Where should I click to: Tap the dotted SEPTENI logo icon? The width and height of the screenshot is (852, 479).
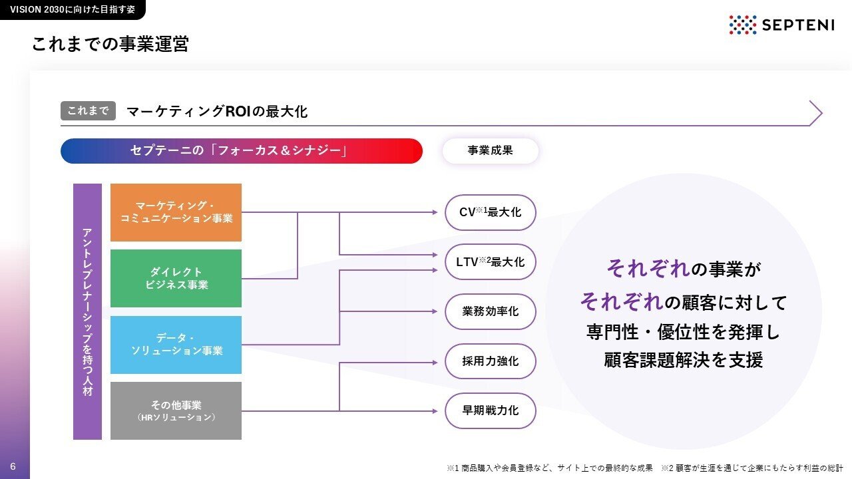[x=743, y=25]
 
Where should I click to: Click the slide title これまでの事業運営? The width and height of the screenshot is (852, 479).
[x=110, y=45]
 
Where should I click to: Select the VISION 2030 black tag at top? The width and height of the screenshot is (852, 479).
[x=72, y=9]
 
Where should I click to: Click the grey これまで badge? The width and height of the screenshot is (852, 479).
[x=88, y=110]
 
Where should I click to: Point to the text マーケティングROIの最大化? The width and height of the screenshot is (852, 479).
[x=217, y=111]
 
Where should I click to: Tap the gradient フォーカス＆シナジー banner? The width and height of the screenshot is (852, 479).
[x=241, y=151]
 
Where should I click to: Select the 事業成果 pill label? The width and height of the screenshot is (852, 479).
[x=490, y=151]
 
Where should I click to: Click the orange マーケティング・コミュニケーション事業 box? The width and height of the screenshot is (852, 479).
[x=176, y=212]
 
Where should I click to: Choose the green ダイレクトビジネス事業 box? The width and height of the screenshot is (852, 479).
[x=176, y=278]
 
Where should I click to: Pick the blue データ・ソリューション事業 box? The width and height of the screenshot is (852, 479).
[x=176, y=344]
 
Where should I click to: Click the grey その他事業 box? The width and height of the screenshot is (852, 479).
[x=176, y=410]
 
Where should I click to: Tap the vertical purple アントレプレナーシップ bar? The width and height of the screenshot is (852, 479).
[x=87, y=311]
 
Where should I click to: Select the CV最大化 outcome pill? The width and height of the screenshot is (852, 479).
[x=491, y=212]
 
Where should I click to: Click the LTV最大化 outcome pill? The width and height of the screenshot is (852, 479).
[x=491, y=262]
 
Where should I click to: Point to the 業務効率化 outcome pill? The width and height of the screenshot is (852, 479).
[x=491, y=311]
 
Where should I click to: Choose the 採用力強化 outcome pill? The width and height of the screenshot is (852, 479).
[x=491, y=361]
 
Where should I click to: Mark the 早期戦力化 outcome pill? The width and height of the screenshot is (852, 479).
[x=491, y=410]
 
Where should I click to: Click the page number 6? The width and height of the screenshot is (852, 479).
[x=13, y=466]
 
